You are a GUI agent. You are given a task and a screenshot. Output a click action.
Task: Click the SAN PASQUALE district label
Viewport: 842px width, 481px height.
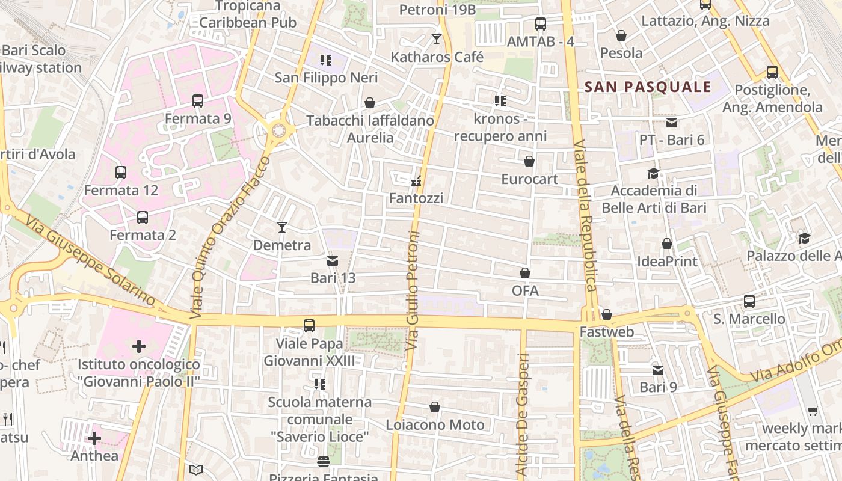648,87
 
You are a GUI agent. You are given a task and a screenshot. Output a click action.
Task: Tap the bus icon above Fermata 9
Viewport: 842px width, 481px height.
198,100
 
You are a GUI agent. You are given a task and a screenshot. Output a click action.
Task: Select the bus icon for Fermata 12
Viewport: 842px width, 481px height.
121,173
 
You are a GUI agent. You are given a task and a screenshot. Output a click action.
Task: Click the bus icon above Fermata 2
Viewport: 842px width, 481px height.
143,217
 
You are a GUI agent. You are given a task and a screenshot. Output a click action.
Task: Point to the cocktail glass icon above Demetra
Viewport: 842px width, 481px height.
281,227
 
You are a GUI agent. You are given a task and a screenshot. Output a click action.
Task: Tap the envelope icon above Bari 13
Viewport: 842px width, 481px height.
332,260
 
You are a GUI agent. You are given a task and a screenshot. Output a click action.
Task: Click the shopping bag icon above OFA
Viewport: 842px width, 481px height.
525,273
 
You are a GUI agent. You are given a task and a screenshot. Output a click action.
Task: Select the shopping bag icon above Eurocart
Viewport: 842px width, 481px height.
529,161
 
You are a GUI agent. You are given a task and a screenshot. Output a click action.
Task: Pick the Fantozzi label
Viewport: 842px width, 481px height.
416,198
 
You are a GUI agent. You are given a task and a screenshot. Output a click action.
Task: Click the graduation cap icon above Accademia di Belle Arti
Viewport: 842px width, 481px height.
653,174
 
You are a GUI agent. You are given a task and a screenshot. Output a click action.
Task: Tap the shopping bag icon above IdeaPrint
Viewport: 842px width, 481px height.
667,244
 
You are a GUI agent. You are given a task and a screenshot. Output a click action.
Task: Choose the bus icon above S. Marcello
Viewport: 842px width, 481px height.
749,301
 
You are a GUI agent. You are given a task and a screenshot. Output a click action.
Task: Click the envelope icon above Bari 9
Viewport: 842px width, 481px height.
658,370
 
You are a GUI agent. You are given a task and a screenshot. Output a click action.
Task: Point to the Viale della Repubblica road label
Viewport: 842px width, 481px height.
585,216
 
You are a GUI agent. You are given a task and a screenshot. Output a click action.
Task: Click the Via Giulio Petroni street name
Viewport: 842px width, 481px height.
413,291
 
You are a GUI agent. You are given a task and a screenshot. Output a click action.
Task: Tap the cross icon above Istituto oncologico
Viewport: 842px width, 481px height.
139,346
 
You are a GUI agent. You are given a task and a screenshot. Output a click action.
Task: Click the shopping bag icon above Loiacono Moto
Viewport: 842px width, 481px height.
435,407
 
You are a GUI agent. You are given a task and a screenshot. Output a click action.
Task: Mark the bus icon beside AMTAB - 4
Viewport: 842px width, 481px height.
541,24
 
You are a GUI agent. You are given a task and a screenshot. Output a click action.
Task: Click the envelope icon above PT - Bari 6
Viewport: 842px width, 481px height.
672,123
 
